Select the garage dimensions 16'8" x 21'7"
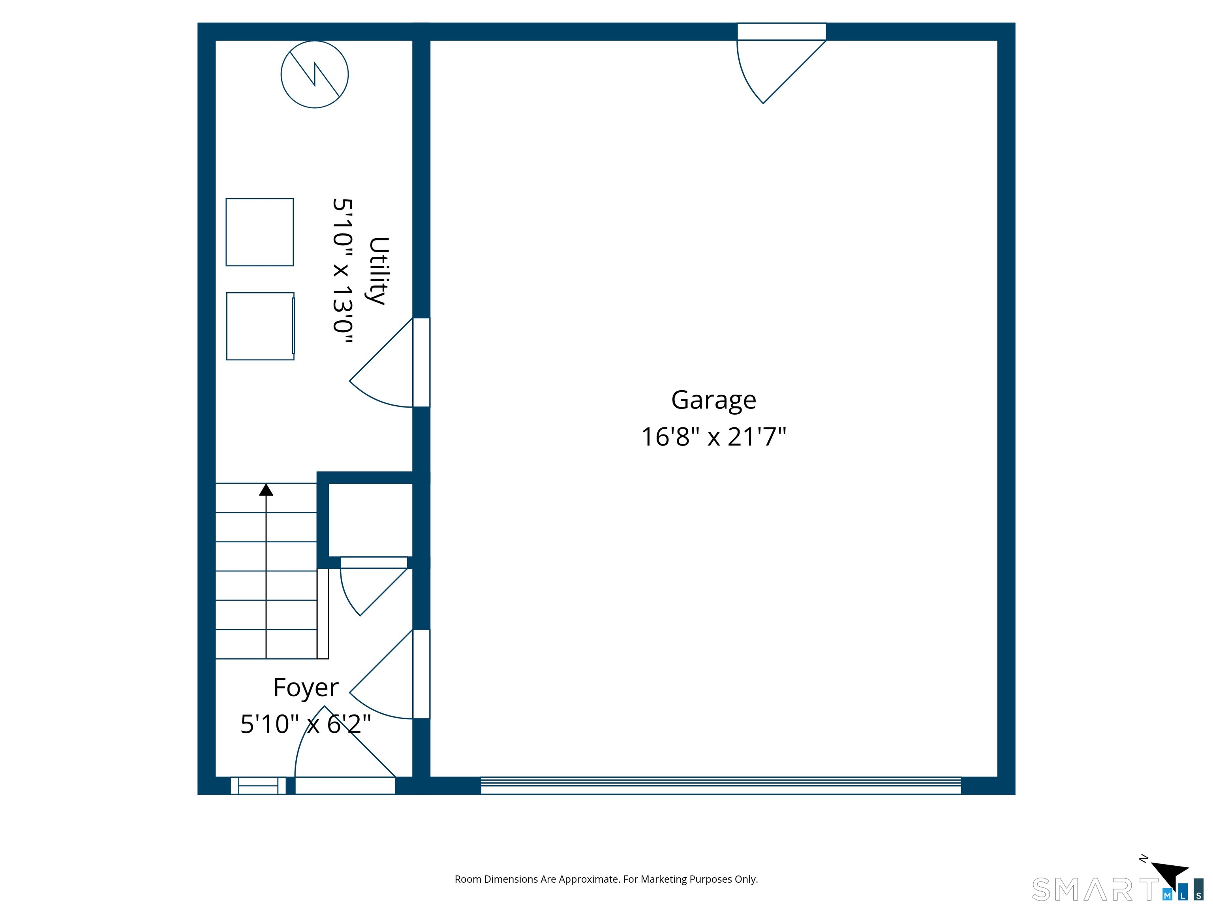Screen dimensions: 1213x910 pos(714,437)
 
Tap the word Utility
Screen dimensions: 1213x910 pos(378,271)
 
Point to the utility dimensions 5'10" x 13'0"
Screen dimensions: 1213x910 pos(343,271)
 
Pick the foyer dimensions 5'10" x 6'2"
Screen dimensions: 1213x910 pos(306,724)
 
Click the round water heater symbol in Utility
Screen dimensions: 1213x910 pos(315,75)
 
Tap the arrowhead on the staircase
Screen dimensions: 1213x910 pos(266,489)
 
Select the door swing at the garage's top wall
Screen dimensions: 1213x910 pos(781,71)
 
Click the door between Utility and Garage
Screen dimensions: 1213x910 pos(389,363)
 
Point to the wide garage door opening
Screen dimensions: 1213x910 pos(721,786)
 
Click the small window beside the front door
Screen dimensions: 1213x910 pos(258,786)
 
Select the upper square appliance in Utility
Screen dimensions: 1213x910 pos(260,232)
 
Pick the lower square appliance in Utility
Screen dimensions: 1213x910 pos(261,326)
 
